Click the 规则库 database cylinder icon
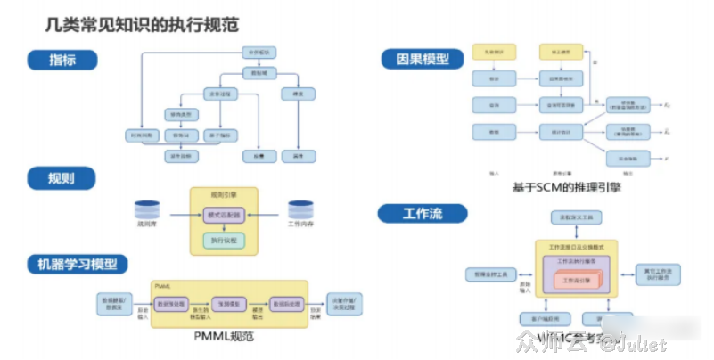[146, 212]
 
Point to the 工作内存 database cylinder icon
[300, 212]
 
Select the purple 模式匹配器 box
[223, 215]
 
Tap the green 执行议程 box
[223, 240]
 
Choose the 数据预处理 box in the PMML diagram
[171, 303]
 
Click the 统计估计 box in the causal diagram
[561, 131]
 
